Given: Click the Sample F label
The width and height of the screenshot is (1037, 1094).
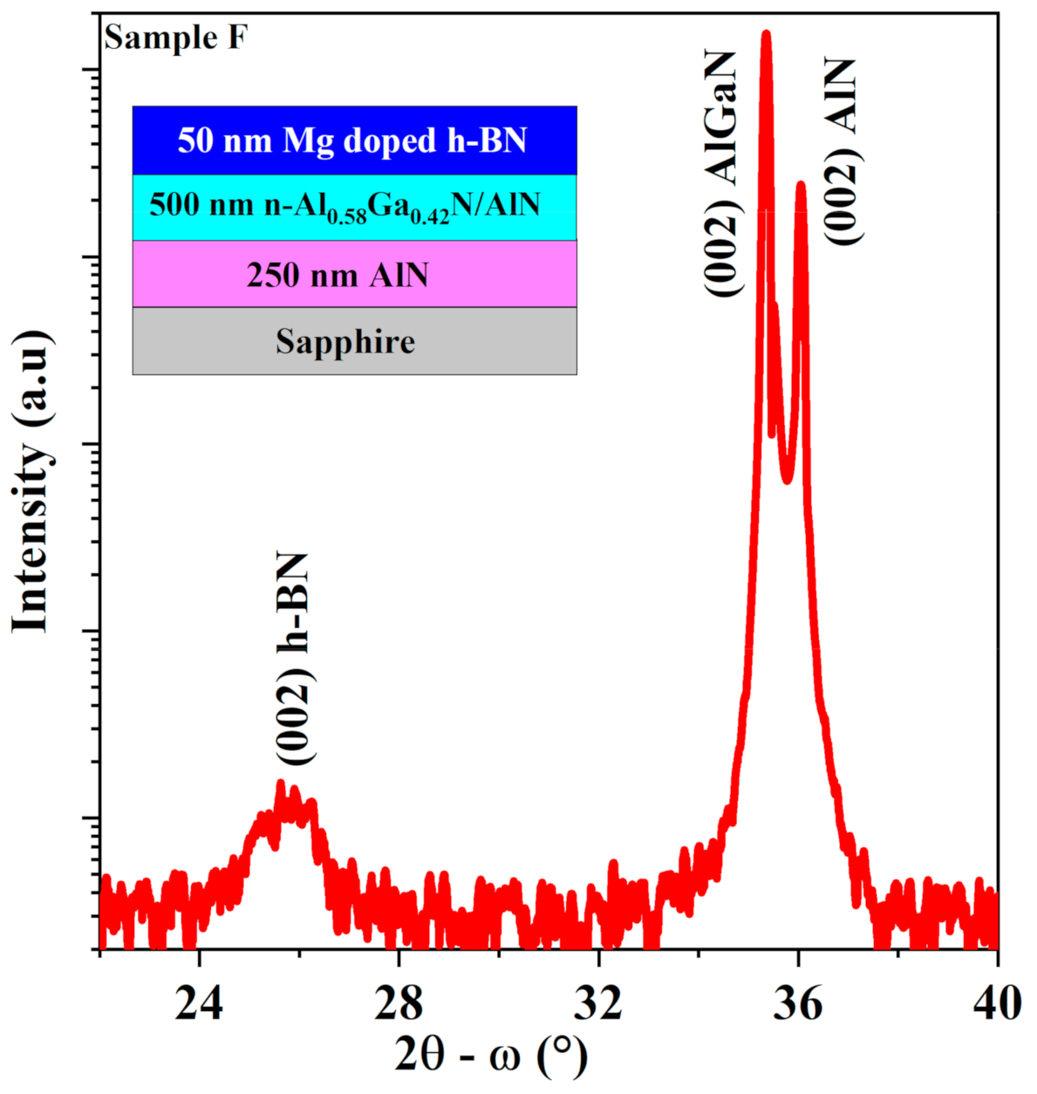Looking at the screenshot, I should click(x=174, y=38).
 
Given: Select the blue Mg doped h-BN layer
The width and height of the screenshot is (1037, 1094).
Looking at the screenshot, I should click(x=354, y=140).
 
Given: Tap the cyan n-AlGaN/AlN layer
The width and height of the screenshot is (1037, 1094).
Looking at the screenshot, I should click(x=354, y=207).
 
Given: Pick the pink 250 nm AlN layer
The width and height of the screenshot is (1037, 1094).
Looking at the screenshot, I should click(x=354, y=274).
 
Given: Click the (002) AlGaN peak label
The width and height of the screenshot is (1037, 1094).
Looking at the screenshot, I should click(x=723, y=174).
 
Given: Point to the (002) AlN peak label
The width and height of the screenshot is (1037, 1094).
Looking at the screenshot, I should click(x=843, y=153).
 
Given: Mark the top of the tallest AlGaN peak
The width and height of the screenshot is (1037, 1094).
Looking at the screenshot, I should click(x=767, y=35).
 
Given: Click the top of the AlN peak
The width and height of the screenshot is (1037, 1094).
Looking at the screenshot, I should click(x=801, y=185).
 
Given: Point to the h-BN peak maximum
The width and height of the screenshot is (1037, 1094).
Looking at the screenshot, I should click(x=280, y=784).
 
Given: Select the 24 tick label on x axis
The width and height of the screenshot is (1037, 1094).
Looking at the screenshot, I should click(x=200, y=1004).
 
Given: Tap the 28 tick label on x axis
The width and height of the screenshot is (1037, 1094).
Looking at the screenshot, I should click(x=399, y=1004).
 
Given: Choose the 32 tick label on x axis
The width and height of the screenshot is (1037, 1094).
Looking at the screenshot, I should click(x=599, y=1004).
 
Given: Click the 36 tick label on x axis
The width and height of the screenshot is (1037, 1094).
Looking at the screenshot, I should click(x=798, y=1004).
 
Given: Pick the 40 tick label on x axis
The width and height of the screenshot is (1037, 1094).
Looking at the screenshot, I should click(x=996, y=1004).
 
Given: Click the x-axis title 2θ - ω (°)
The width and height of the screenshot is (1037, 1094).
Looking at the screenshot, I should click(x=491, y=1056).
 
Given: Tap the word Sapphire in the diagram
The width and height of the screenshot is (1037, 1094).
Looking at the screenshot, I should click(x=345, y=341).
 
